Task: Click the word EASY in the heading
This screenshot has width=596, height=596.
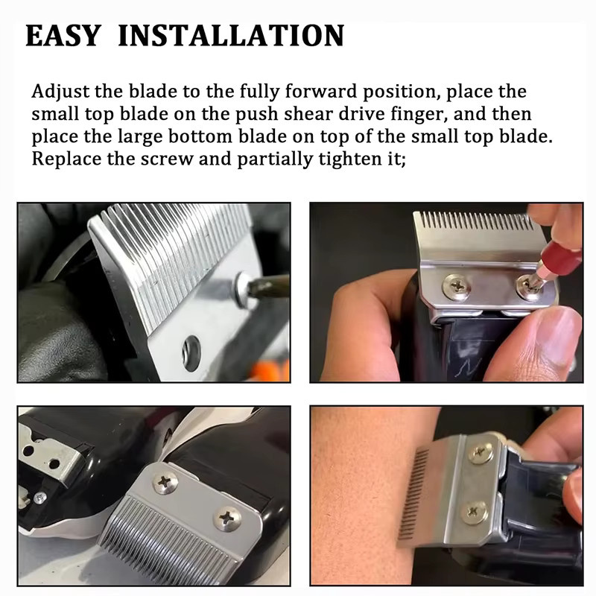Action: (63, 36)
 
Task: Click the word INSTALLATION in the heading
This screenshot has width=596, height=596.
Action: (231, 36)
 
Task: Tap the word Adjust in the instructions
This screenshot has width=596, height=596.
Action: (60, 92)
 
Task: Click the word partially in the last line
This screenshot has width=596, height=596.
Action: (274, 159)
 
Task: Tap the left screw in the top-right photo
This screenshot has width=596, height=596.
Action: (457, 287)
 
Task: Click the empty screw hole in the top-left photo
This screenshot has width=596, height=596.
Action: (191, 353)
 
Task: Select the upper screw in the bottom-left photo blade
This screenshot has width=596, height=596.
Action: (165, 481)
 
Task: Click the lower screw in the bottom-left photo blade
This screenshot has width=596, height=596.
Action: (227, 518)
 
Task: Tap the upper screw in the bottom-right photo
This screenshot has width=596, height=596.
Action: (481, 452)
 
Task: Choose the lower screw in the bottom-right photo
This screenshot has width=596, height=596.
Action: (474, 513)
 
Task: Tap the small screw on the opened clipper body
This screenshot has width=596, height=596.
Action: (39, 497)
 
